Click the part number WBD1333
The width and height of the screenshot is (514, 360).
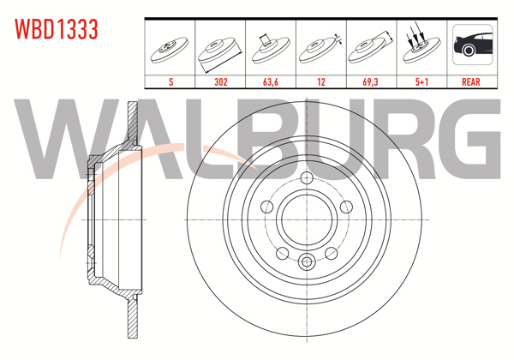(x=56, y=29)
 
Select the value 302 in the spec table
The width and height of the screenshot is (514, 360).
(x=221, y=82)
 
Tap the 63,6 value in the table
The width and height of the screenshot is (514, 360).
(x=271, y=82)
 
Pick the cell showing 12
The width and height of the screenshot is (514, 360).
(x=320, y=82)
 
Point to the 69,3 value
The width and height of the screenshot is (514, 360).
(x=370, y=82)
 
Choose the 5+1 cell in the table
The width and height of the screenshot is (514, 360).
(x=420, y=82)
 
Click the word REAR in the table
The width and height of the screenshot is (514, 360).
(x=470, y=82)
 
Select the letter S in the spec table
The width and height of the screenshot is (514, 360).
(x=171, y=82)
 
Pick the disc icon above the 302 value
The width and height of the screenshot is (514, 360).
(x=221, y=50)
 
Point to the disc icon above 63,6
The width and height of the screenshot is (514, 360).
(x=271, y=47)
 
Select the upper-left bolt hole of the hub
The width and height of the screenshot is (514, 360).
(x=266, y=207)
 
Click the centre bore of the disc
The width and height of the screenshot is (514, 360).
(x=306, y=219)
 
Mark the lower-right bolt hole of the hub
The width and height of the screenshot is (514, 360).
(x=330, y=252)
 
